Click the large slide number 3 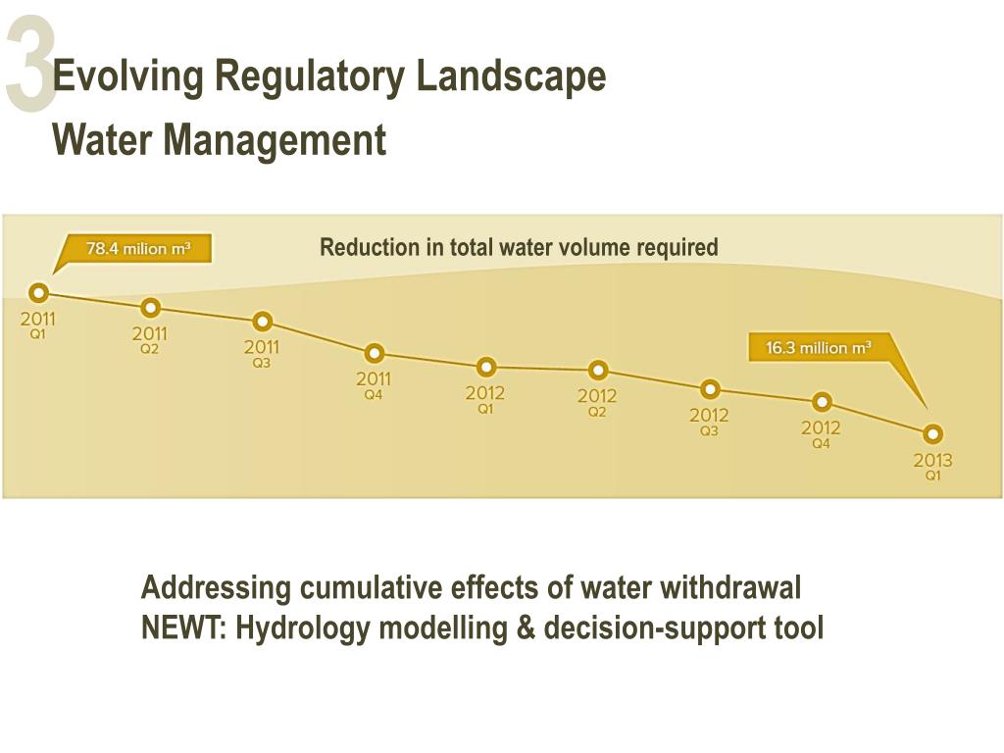tap(29, 65)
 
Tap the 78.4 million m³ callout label tap(137, 249)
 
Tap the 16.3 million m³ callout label tap(818, 348)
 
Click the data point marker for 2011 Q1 tap(38, 292)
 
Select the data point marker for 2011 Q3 tap(262, 322)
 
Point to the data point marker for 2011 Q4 tap(374, 354)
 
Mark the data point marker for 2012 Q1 tap(485, 368)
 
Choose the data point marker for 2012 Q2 tap(597, 371)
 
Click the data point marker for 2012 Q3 tap(710, 389)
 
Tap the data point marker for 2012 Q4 tap(822, 402)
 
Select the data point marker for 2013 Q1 tap(933, 433)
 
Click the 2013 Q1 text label tap(933, 466)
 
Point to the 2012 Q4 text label tap(822, 434)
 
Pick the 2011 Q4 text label tap(374, 385)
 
